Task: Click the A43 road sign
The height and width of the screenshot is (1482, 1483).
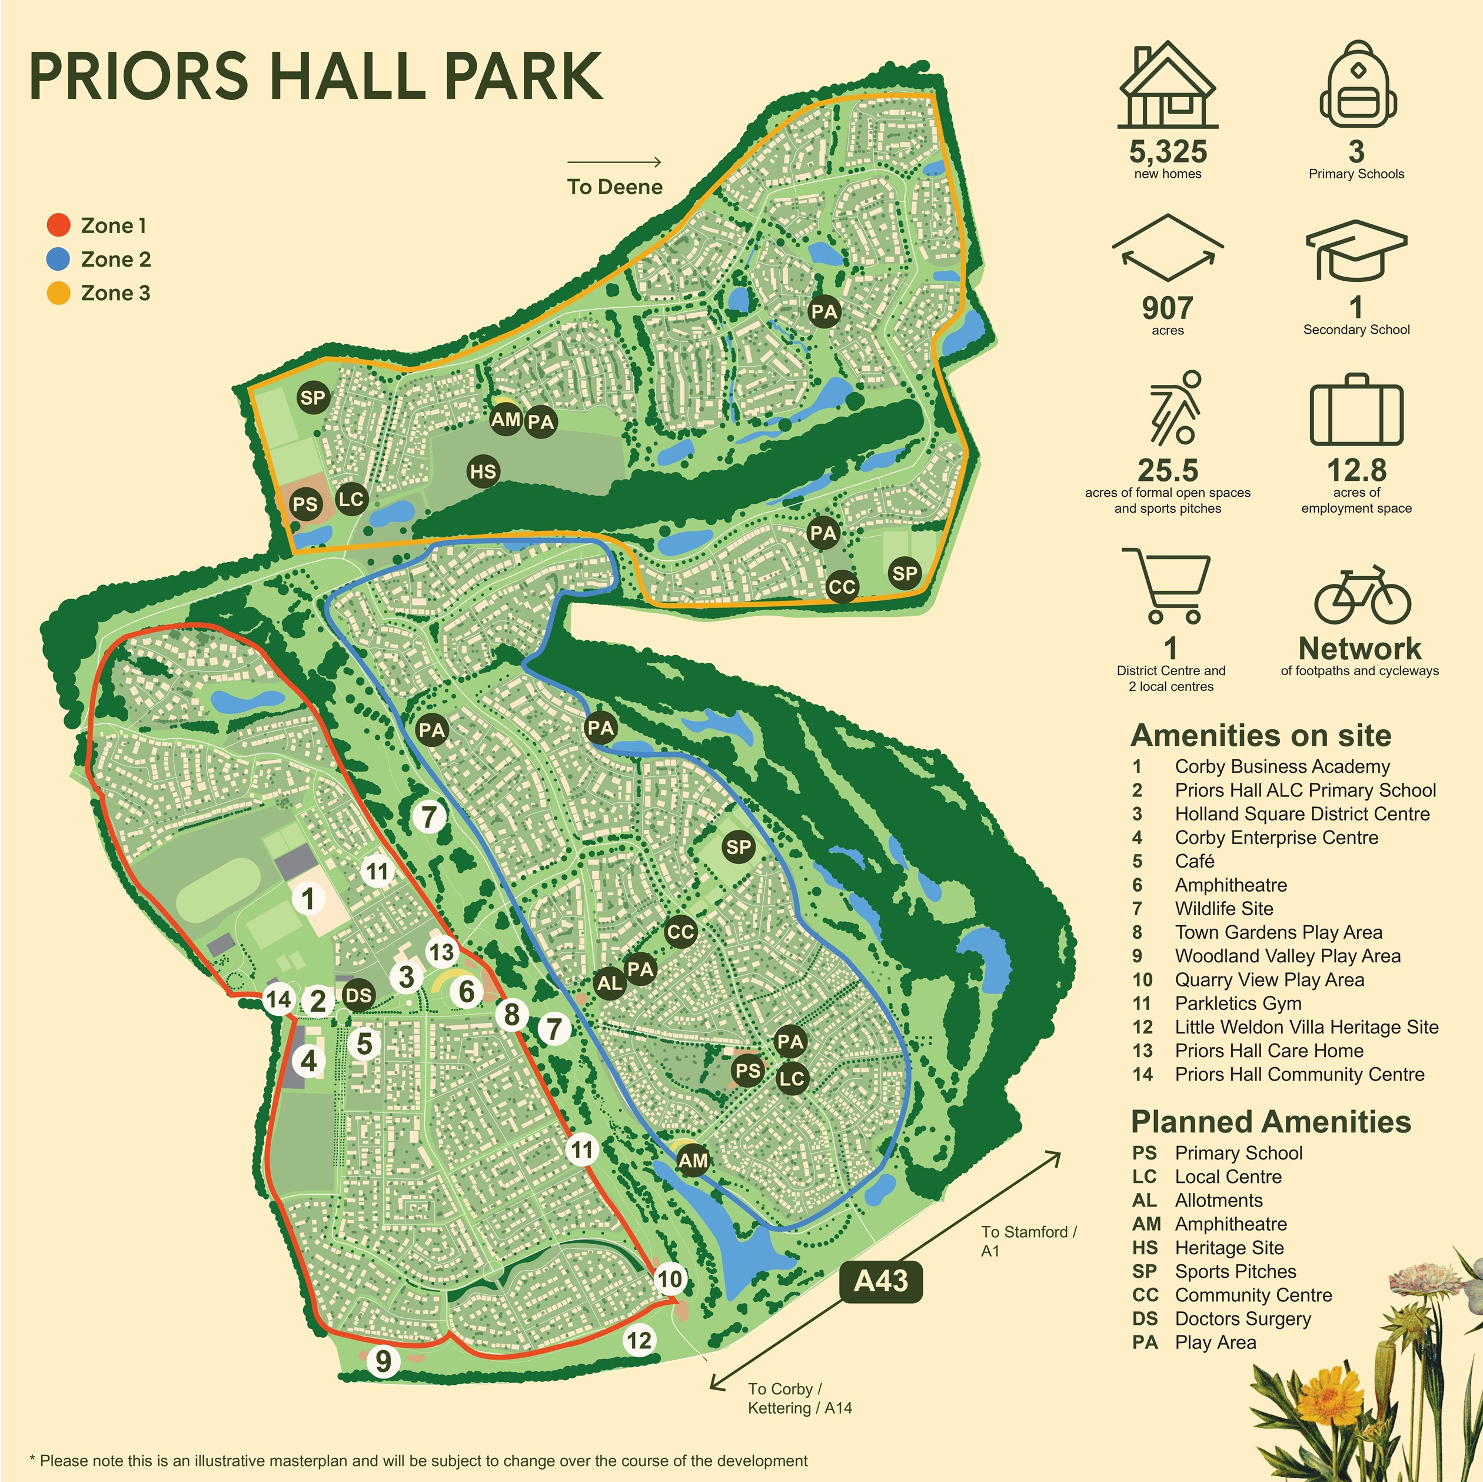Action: (880, 1281)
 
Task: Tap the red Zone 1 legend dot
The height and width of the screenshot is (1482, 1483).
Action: (58, 225)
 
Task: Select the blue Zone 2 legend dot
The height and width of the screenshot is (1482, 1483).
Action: (58, 259)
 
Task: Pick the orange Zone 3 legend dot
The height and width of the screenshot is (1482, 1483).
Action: (58, 293)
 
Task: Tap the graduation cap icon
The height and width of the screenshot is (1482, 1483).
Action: (1356, 250)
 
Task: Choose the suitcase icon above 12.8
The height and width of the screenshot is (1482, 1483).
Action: (1356, 411)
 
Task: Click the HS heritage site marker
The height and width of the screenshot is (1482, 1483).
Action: (483, 471)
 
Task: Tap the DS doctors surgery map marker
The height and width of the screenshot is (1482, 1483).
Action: (358, 996)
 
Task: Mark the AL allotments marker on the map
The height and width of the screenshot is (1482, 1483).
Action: (610, 982)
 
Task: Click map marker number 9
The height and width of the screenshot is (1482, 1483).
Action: (383, 1361)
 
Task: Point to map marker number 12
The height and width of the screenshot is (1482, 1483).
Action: (639, 1341)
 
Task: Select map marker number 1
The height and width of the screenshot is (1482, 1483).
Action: (308, 898)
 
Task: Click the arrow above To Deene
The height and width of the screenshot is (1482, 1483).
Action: (614, 162)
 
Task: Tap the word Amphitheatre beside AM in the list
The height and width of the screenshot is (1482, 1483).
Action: (1231, 1224)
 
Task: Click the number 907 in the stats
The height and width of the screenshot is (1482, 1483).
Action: (1167, 308)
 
